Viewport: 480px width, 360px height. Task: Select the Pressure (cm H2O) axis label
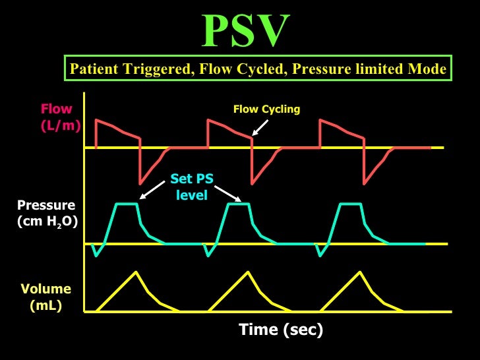[47, 213]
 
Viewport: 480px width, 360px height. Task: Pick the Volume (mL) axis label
[45, 297]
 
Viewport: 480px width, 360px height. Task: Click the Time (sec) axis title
[280, 329]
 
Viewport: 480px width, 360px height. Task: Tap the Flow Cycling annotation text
[266, 109]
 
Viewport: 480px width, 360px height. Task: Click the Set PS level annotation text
[192, 187]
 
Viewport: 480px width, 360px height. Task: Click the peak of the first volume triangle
[136, 272]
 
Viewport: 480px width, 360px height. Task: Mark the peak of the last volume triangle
[360, 272]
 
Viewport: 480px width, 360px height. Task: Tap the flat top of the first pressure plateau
[127, 204]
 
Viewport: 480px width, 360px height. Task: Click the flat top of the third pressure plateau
[351, 204]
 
